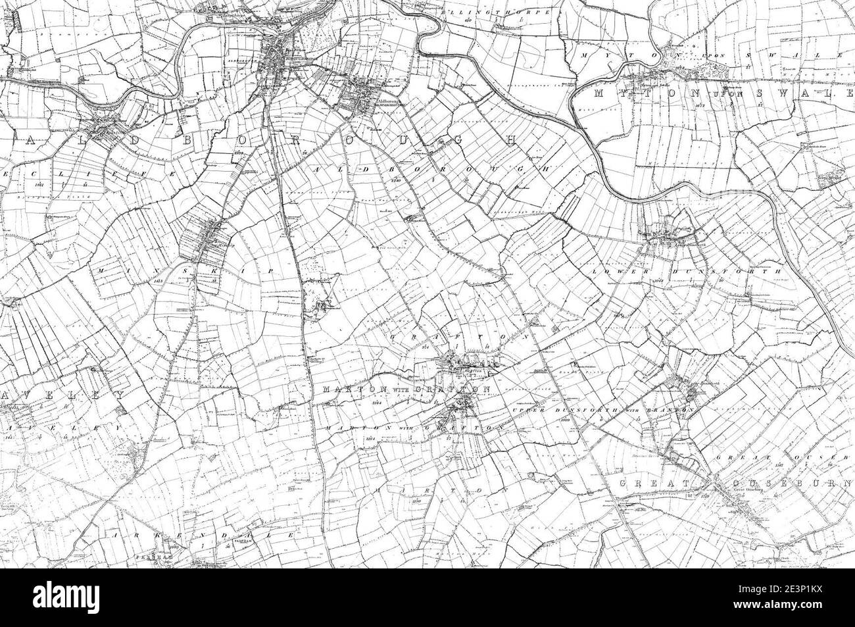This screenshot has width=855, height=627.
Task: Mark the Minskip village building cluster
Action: click(212, 237)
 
